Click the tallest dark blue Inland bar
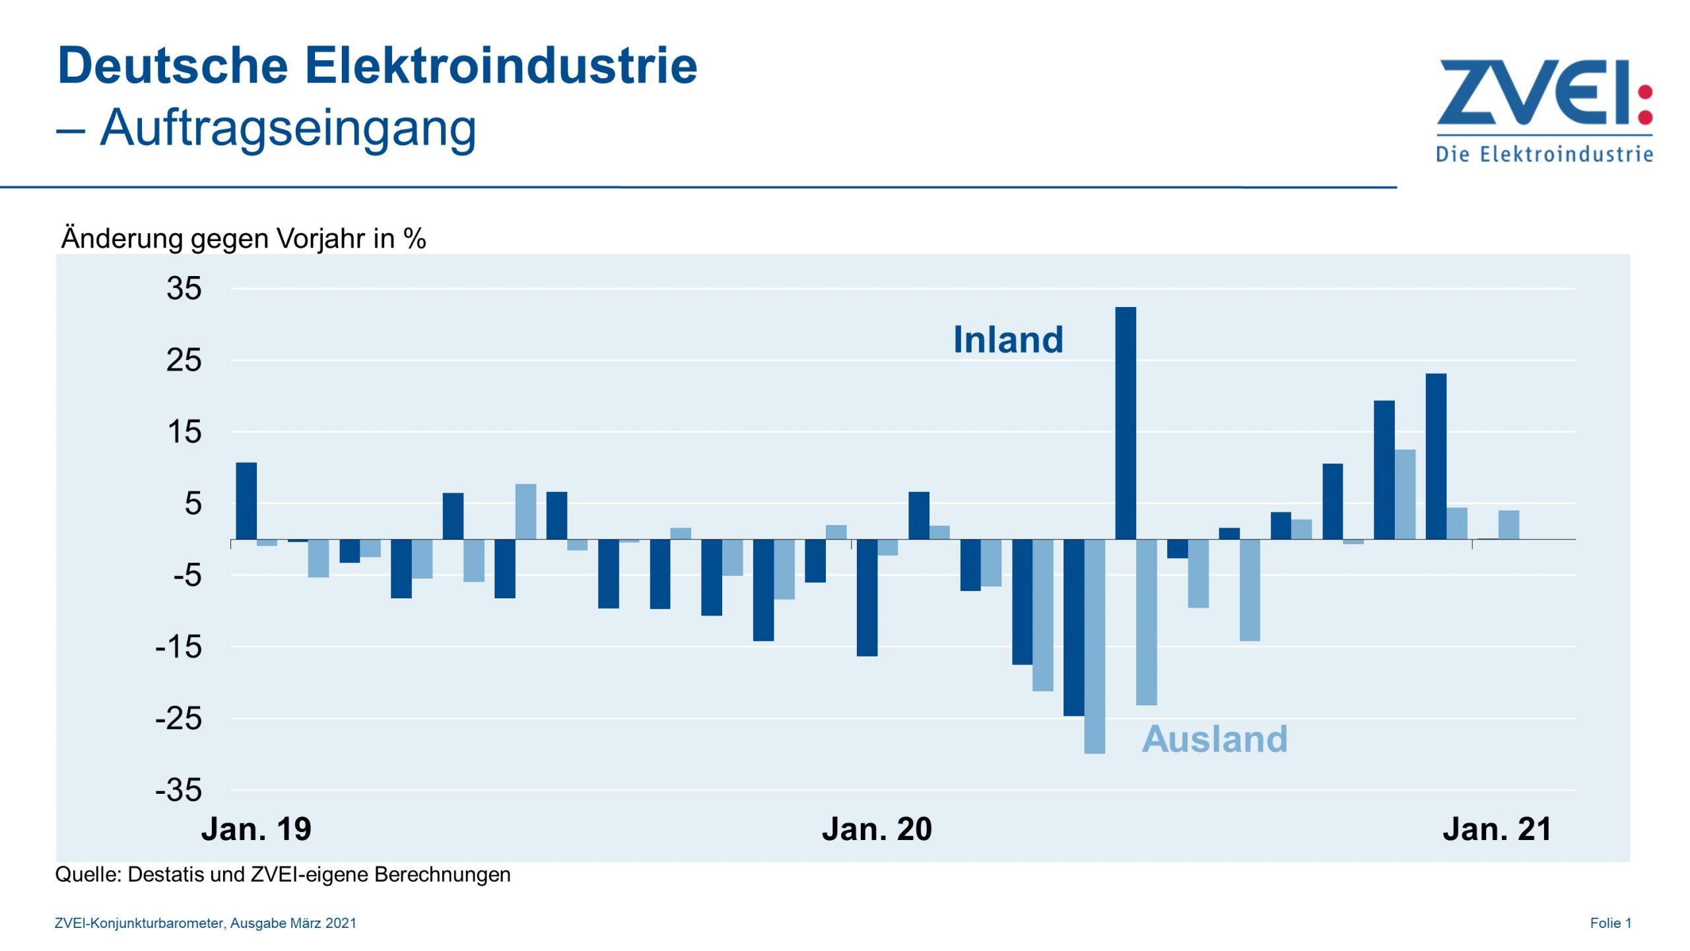click(1125, 423)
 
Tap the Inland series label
click(1007, 340)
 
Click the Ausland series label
click(1214, 738)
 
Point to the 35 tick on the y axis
click(184, 289)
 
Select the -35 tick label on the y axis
click(178, 790)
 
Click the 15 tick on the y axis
click(184, 432)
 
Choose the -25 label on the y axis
click(178, 718)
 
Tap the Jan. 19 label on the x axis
click(256, 829)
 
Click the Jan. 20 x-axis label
click(876, 829)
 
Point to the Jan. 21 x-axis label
click(1497, 829)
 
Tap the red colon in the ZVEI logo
click(1645, 104)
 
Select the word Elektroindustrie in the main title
click(500, 66)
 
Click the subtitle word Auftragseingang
click(288, 127)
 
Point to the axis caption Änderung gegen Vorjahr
click(243, 238)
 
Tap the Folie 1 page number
click(1610, 923)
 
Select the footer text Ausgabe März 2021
click(293, 923)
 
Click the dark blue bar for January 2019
click(246, 501)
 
